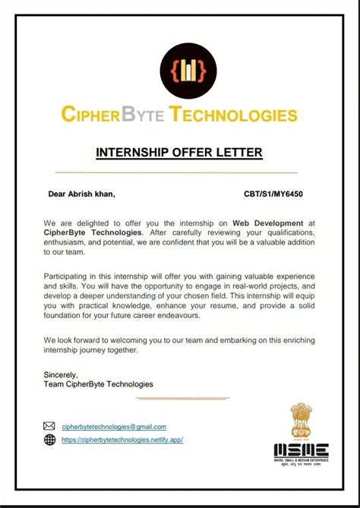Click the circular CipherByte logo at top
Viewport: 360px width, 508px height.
[x=180, y=71]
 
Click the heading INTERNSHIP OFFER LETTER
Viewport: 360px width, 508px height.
[x=179, y=153]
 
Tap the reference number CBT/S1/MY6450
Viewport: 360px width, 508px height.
[x=273, y=194]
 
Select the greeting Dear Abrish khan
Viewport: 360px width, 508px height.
[x=82, y=194]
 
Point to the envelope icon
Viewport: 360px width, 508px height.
[x=50, y=426]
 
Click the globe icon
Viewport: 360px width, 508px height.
[x=50, y=440]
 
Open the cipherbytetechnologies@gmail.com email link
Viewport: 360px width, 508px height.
[x=114, y=427]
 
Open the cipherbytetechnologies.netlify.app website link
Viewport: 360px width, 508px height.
[x=122, y=440]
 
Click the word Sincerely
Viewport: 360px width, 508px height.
[x=61, y=375]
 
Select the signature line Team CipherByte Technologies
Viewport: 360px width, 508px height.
[x=99, y=384]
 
